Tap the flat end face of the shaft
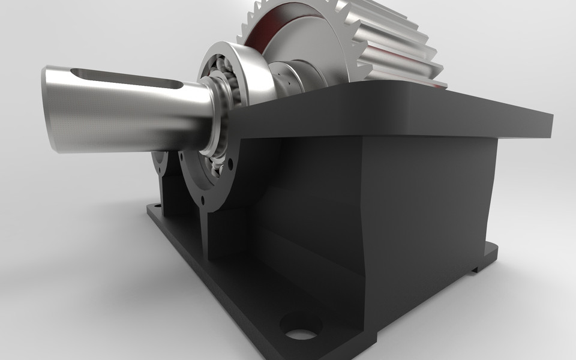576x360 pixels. [50, 108]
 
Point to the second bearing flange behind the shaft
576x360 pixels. [160, 162]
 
